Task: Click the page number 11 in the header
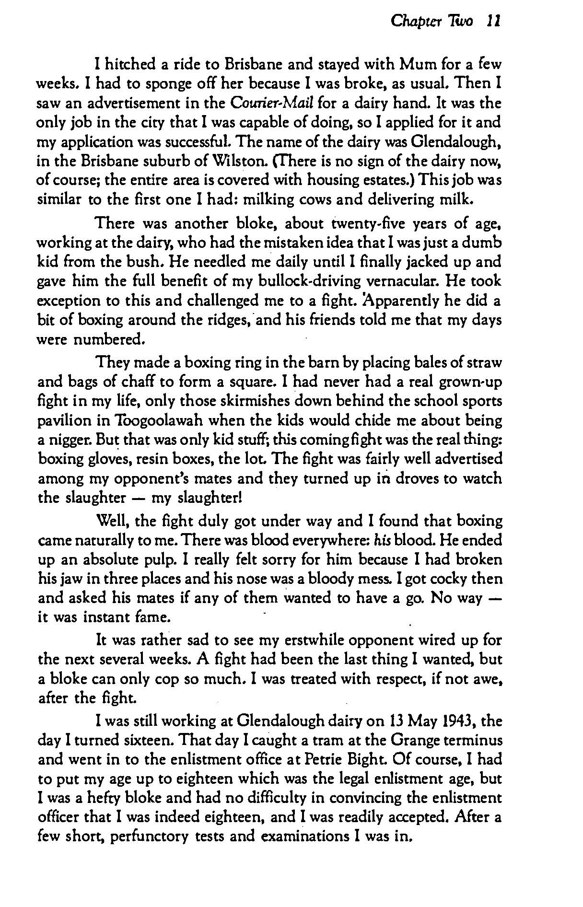[x=493, y=21]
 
